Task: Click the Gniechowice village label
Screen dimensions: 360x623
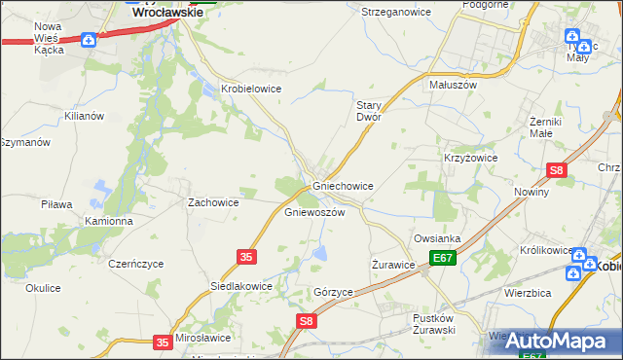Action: point(343,185)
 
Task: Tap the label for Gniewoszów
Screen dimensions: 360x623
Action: point(314,212)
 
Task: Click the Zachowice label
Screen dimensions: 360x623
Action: point(213,202)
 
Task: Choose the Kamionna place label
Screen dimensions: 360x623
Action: point(108,221)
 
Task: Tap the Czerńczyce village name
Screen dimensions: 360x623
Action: point(136,264)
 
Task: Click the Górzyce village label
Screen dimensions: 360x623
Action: point(333,292)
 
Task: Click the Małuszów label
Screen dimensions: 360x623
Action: point(453,85)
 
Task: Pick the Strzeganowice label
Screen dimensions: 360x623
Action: point(395,12)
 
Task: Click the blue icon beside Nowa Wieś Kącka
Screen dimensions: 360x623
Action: point(90,40)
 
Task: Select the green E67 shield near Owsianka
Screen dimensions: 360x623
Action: point(444,258)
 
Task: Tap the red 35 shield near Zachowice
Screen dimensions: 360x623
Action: point(246,256)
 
